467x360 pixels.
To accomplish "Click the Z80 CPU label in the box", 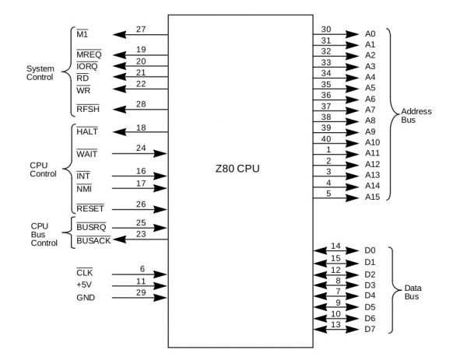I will [241, 169].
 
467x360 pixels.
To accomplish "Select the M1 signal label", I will [82, 36].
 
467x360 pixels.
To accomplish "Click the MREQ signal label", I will [89, 56].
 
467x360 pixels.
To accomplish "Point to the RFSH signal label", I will [88, 109].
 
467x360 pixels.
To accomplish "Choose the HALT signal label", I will [87, 132].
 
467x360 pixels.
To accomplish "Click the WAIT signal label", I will [87, 154].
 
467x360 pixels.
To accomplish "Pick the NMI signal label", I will [84, 188].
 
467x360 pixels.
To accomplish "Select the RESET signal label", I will [90, 209].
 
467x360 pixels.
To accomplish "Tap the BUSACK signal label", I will [93, 242].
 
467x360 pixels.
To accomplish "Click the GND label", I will [86, 298].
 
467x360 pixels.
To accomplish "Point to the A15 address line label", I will [373, 197].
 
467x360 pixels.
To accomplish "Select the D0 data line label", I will [370, 250].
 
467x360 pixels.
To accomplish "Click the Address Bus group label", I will [416, 116].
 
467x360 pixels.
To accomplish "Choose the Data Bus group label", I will [413, 292].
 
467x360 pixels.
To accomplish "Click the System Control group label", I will [40, 72].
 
